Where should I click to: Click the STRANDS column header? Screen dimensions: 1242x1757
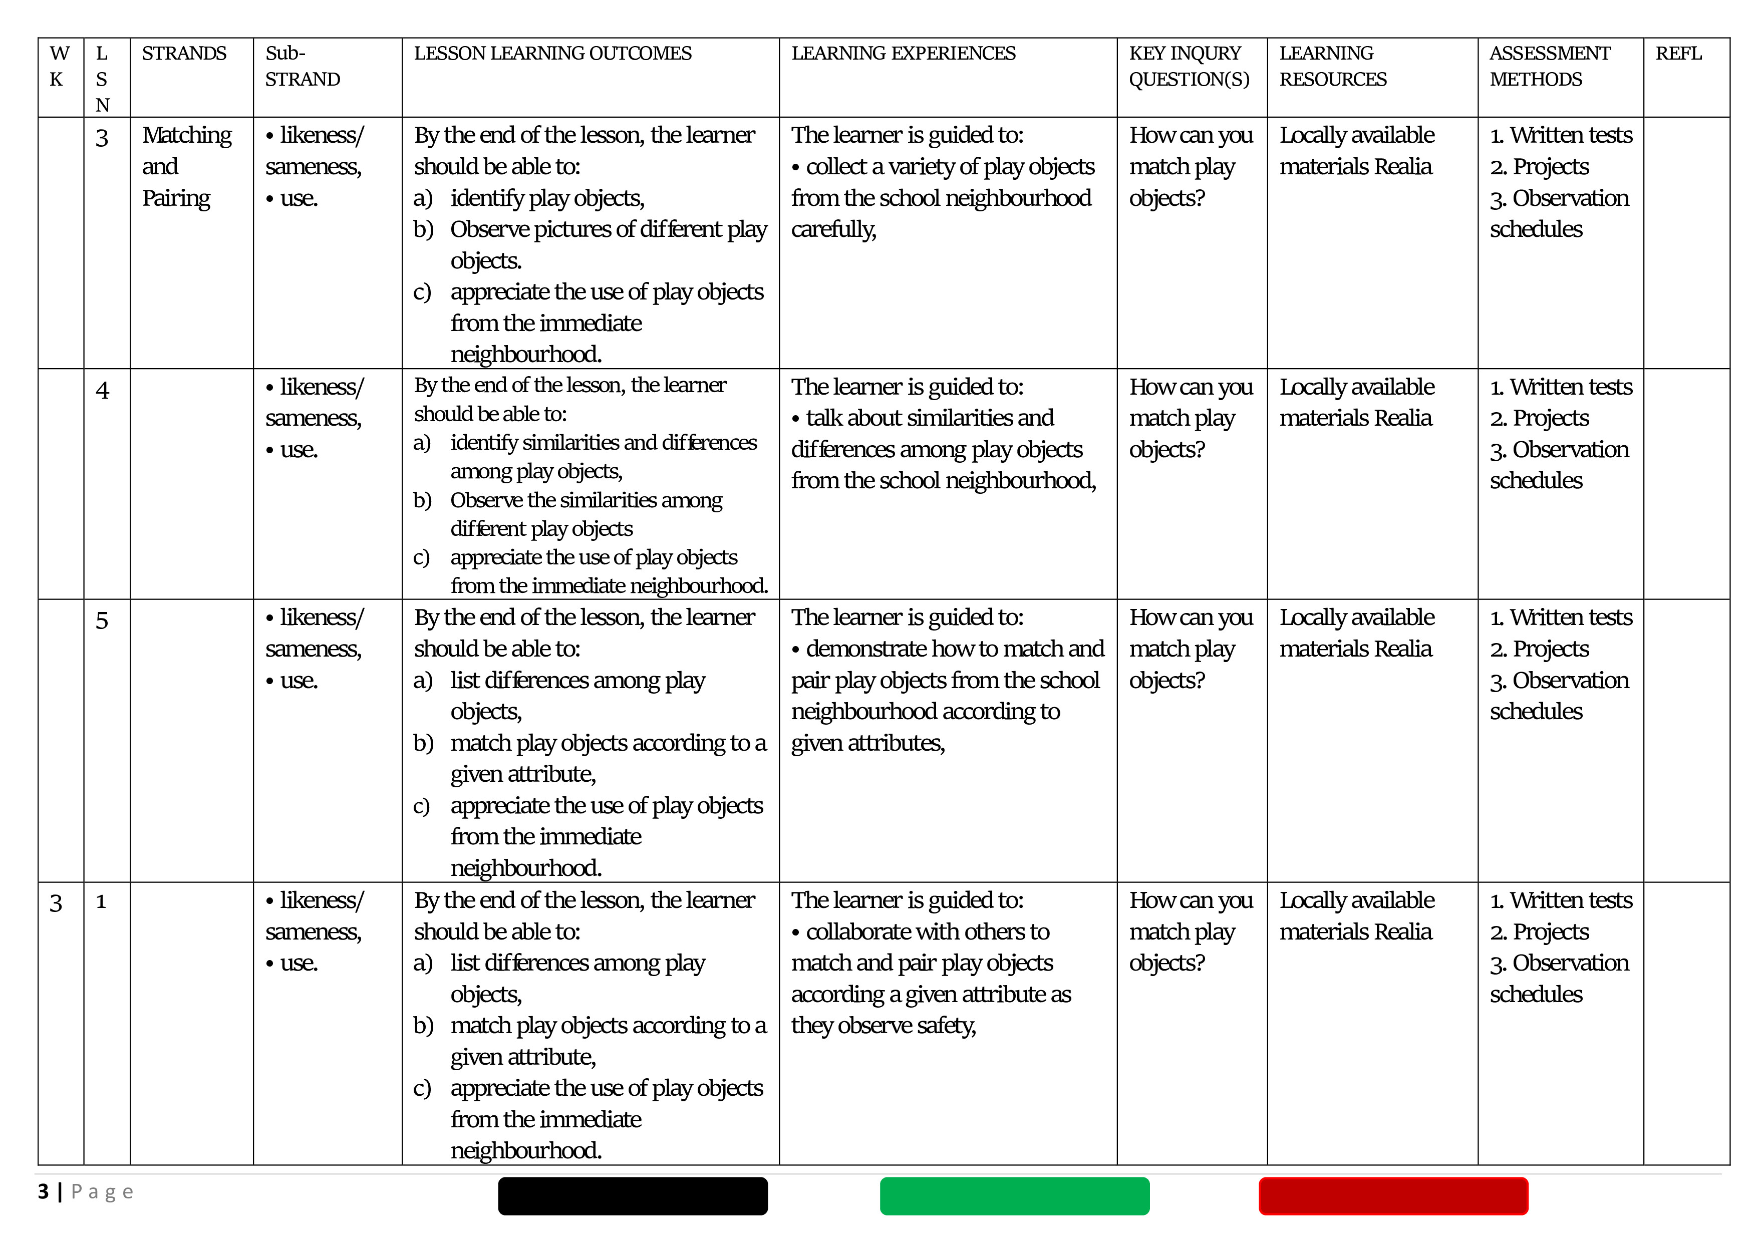click(x=184, y=54)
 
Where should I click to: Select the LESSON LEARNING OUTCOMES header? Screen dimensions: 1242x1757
click(x=552, y=54)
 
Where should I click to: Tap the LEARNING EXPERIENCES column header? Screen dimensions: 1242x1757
click(x=903, y=54)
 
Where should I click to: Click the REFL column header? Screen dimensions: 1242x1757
click(x=1678, y=54)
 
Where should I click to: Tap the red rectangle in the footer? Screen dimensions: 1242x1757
click(x=1393, y=1196)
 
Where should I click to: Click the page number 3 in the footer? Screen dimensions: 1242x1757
click(x=44, y=1191)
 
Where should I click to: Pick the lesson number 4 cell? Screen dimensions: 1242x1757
click(x=103, y=390)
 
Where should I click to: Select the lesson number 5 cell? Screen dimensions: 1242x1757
click(x=102, y=620)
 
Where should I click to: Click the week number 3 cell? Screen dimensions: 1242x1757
click(x=56, y=903)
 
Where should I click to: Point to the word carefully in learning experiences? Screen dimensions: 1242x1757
click(x=833, y=229)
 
